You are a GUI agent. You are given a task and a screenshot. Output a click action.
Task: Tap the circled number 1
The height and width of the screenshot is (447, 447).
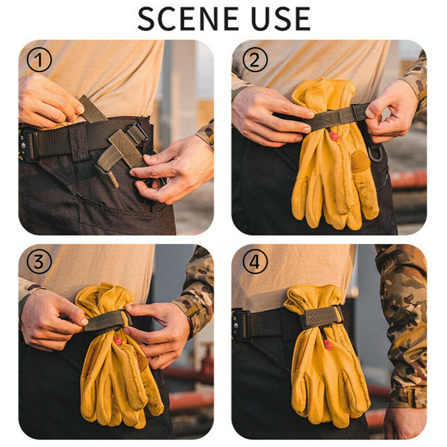[39, 59]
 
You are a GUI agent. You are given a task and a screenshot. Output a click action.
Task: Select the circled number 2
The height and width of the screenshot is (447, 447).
[255, 59]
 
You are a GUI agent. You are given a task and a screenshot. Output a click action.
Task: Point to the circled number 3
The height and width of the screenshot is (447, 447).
[39, 261]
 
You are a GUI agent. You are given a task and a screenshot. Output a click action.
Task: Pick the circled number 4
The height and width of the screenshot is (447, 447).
[255, 261]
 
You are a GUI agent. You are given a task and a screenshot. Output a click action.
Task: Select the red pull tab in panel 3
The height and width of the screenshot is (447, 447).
[118, 341]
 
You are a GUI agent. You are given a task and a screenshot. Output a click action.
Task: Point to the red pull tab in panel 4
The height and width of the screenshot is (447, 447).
[328, 344]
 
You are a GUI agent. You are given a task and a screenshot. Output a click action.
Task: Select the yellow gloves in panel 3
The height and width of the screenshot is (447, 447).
[116, 375]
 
